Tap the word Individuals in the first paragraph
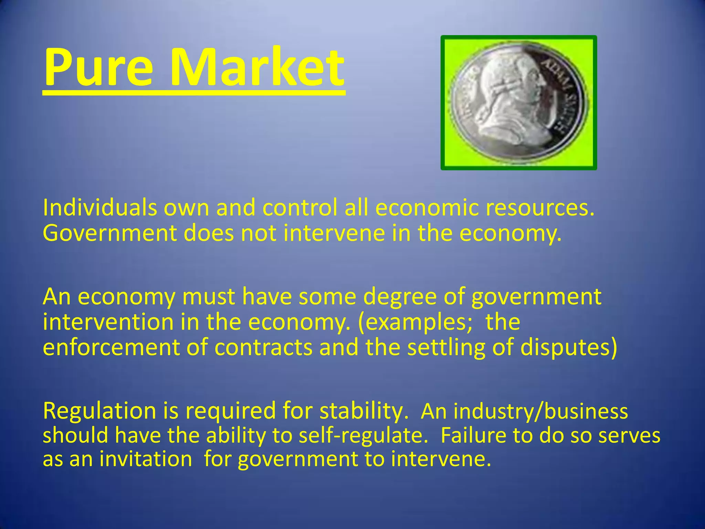point(100,208)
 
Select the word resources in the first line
point(540,209)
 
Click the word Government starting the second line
point(109,234)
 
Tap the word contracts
point(263,348)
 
